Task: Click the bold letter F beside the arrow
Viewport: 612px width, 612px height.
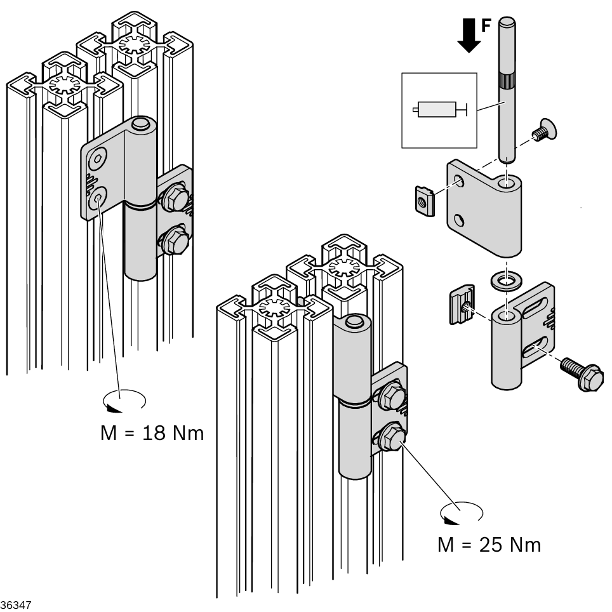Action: tap(486, 26)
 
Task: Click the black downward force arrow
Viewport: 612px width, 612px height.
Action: tap(469, 36)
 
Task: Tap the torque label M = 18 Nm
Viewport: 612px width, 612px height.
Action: tap(152, 433)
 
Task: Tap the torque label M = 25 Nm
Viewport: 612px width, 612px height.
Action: tap(489, 544)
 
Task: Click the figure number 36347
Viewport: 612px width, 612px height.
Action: tap(15, 605)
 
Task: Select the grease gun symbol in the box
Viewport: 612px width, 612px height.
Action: tap(439, 110)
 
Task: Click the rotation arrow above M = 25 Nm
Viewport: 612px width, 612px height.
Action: tap(462, 512)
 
